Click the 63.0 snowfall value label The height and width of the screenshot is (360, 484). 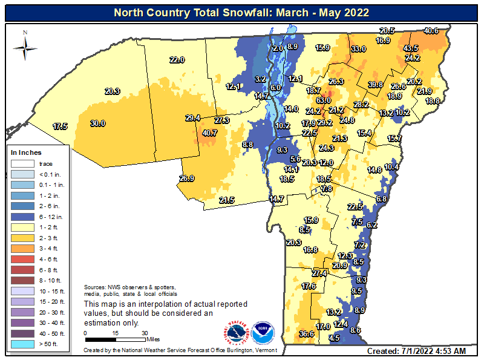tap(324, 100)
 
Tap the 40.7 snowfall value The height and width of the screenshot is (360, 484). tap(210, 133)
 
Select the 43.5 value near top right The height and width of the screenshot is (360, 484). tap(411, 48)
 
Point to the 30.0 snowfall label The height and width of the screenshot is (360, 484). tap(98, 123)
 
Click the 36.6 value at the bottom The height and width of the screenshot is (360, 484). tap(306, 333)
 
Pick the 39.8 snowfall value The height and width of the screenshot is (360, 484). tap(376, 85)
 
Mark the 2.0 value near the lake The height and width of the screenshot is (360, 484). tap(278, 48)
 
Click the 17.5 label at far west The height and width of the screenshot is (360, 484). tap(59, 126)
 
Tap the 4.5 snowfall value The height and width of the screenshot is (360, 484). tap(334, 338)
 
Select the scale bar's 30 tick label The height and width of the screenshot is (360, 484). tap(144, 333)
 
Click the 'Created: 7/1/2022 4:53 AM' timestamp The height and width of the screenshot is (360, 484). tap(416, 351)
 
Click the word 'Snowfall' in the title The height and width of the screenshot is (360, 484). tap(235, 12)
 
